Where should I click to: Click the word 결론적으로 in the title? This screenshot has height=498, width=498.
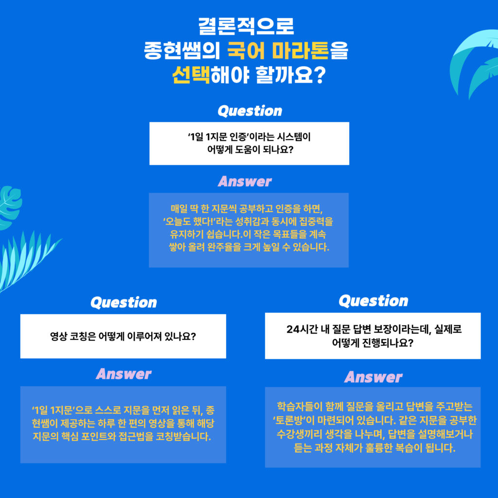coord(246,26)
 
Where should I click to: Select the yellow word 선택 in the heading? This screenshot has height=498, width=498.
coord(191,75)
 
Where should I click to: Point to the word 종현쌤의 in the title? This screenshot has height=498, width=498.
coord(182,51)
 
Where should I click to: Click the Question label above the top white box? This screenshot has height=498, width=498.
coord(250,111)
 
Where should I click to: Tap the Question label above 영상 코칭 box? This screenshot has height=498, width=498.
coord(124,302)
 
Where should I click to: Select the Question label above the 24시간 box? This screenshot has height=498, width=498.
coord(373,301)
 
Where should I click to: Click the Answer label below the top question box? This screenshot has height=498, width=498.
coord(245,182)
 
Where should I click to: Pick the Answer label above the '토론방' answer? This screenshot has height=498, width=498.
coord(373,377)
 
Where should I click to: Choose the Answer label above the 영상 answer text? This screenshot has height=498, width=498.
coord(124,374)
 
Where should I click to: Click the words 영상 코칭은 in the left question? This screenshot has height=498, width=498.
coord(73,337)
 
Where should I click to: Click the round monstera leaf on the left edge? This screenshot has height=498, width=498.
coord(10,207)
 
